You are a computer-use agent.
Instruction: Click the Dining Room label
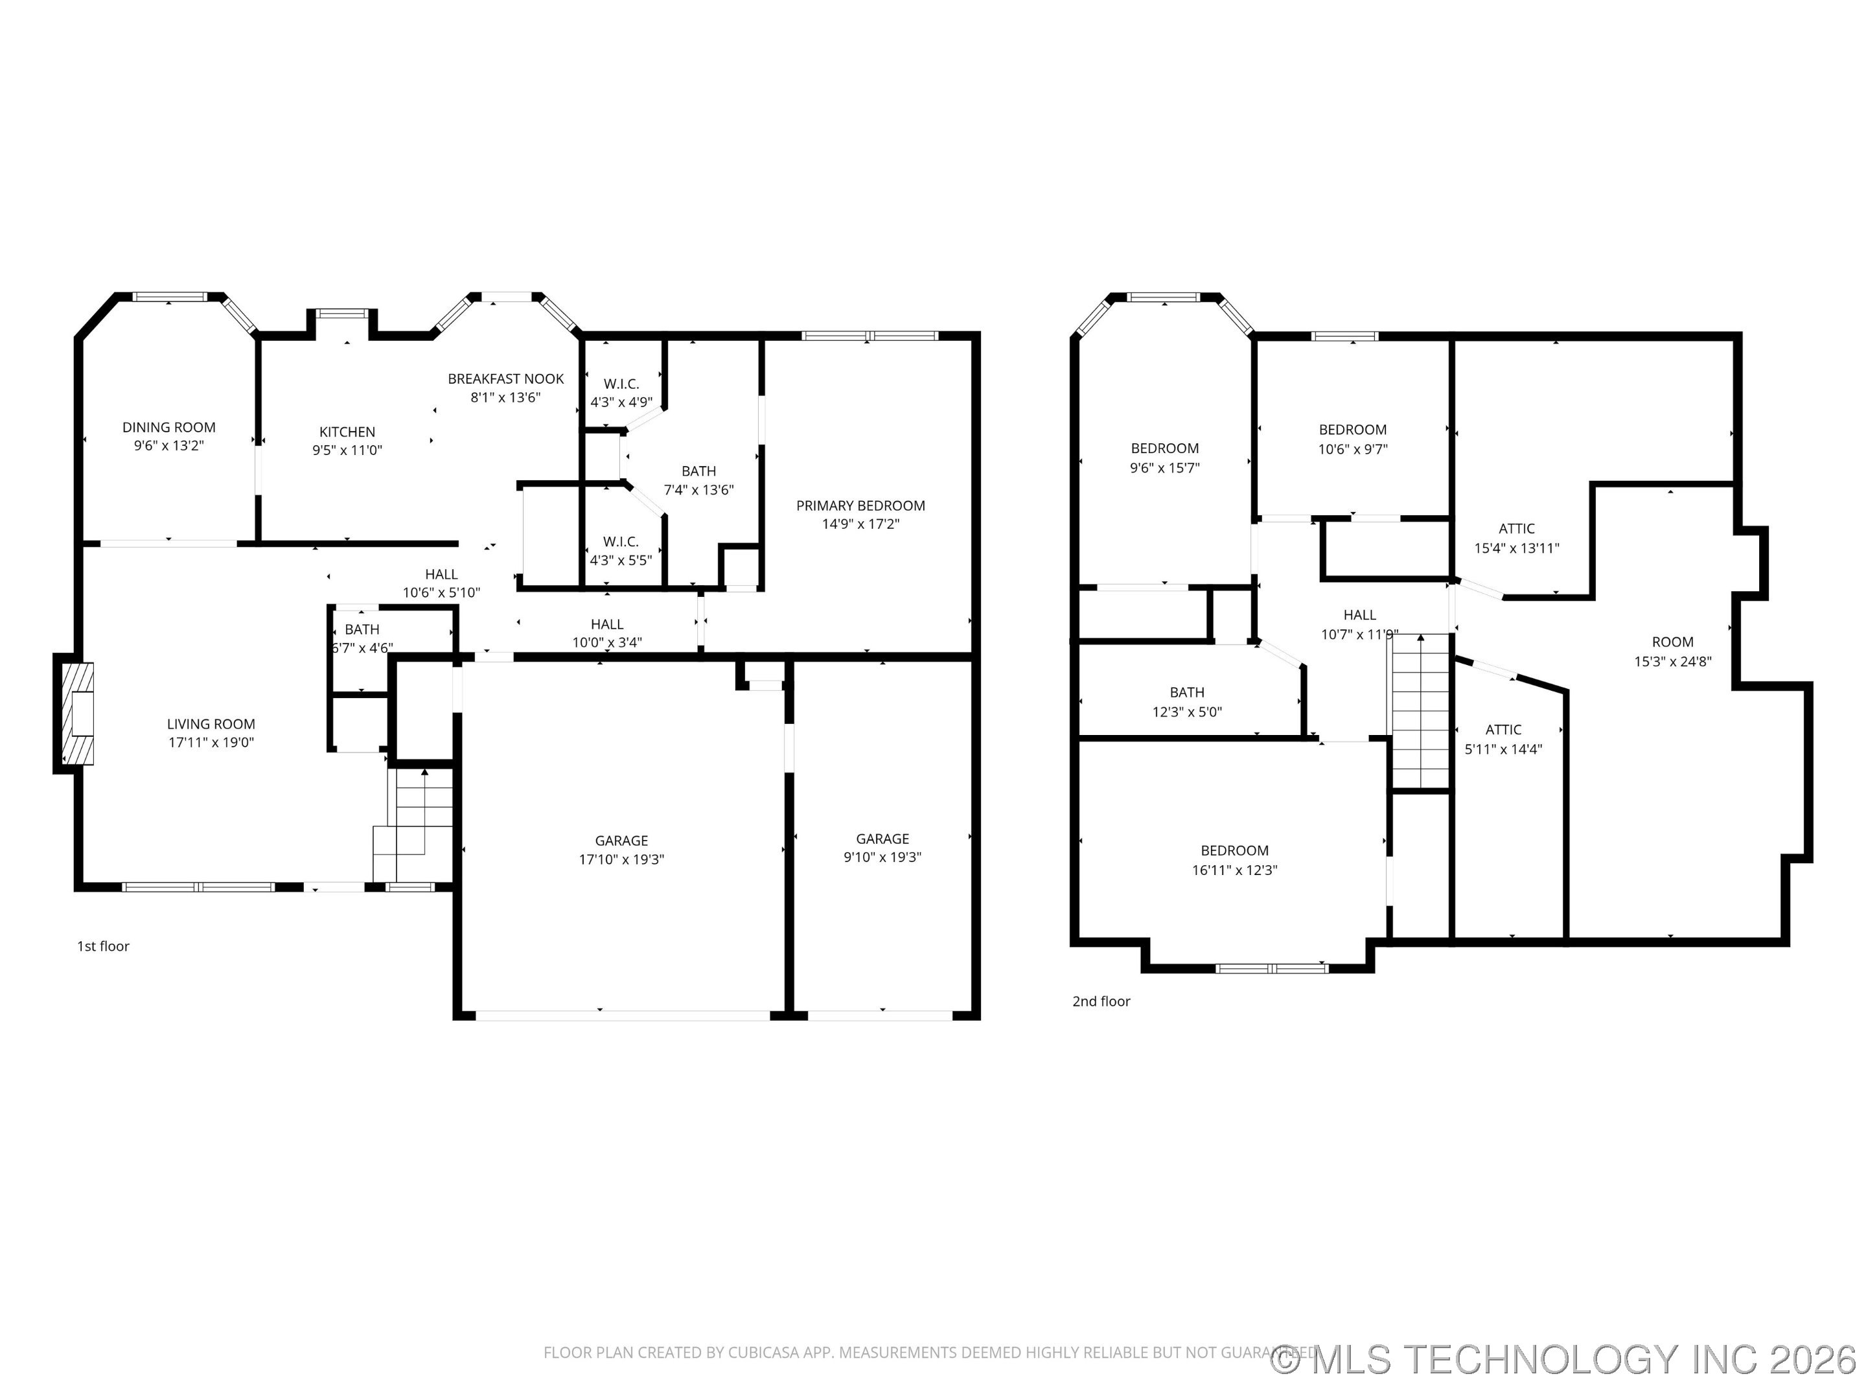168,427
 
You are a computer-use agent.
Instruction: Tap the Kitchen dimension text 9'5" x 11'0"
347,450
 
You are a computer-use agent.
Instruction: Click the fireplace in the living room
78,713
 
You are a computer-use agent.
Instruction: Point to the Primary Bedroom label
860,506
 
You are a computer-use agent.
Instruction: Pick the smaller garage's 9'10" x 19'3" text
882,857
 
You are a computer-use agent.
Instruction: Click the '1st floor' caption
103,946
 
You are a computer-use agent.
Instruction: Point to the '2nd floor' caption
1101,1001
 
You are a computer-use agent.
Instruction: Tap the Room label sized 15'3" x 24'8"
1672,642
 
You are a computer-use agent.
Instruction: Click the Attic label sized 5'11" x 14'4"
1503,730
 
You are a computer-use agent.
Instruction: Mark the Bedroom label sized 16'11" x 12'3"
1234,850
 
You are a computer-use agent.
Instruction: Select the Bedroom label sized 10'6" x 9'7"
1352,430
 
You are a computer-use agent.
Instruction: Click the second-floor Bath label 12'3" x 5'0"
1187,692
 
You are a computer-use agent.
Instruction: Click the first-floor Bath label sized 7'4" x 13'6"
698,471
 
